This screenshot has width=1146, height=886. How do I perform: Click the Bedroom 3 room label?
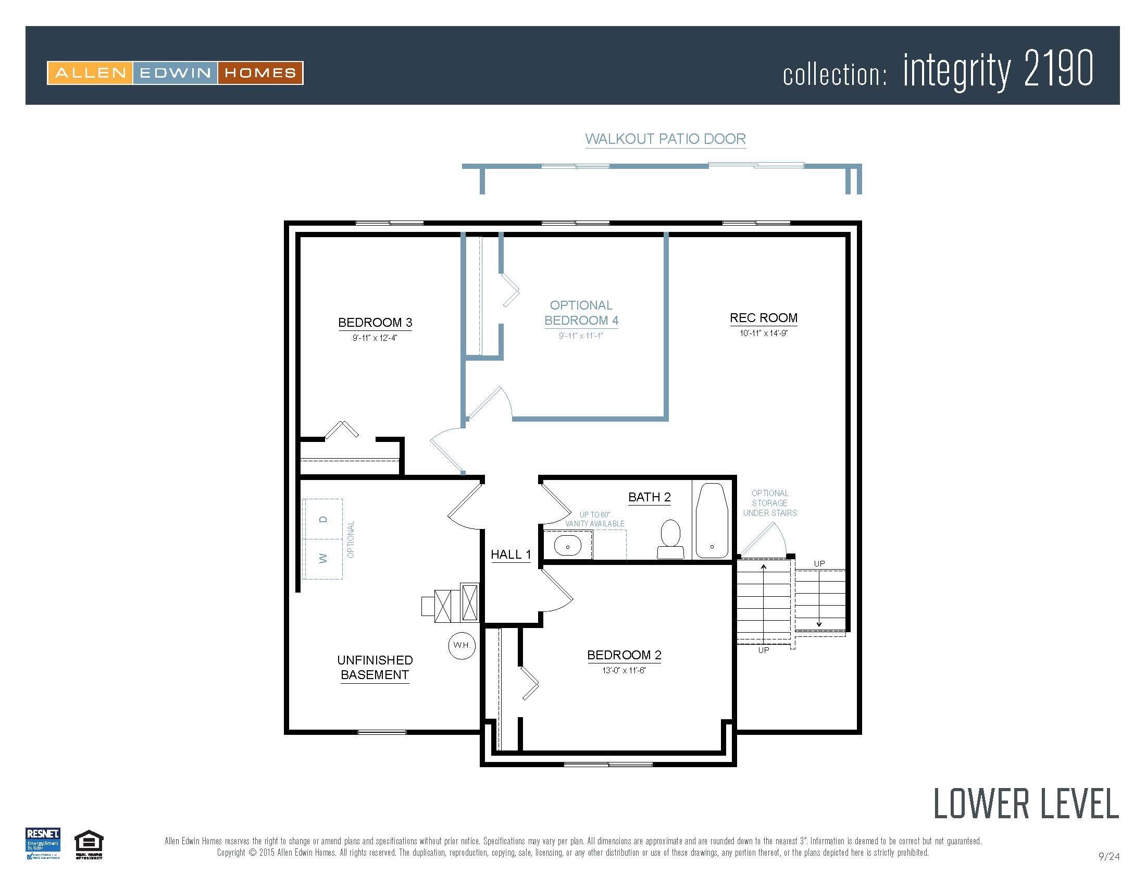[375, 322]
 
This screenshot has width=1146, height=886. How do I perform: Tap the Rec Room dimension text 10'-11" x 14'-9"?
[764, 334]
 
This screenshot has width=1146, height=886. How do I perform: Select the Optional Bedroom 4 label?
[581, 313]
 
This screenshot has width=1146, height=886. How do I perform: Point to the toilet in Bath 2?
[670, 539]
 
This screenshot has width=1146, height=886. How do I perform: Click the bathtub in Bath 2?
[712, 521]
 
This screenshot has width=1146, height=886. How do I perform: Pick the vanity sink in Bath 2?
[567, 546]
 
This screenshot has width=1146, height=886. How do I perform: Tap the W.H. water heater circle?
[462, 645]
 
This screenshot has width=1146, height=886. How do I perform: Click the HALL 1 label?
[510, 555]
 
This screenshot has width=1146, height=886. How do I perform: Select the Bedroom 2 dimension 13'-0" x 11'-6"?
[624, 670]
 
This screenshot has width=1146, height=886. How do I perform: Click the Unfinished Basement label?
[375, 667]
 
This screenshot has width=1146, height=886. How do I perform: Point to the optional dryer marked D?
[323, 519]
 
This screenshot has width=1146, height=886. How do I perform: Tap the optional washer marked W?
[323, 559]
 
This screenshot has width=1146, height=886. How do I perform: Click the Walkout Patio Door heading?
[665, 139]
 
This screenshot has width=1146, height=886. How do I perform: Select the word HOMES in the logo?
[260, 73]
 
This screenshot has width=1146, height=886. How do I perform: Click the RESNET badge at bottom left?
[43, 843]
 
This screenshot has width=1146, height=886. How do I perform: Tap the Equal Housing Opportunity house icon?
[89, 842]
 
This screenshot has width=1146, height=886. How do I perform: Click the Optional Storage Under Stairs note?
[769, 503]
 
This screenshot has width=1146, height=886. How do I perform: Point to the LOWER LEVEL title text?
[1025, 804]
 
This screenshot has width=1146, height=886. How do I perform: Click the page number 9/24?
[1108, 857]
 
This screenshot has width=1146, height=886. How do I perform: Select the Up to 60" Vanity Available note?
[594, 519]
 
